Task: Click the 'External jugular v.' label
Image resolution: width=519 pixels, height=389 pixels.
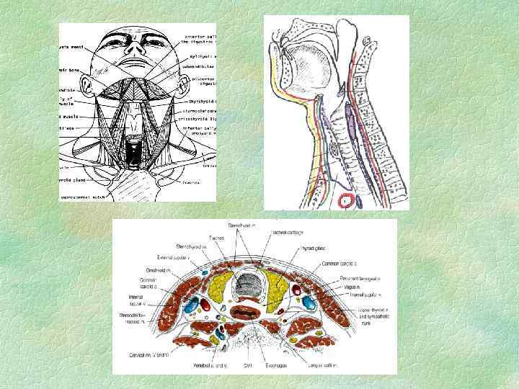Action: click(x=173, y=256)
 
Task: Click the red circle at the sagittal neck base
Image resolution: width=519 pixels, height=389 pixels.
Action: click(x=347, y=201)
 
